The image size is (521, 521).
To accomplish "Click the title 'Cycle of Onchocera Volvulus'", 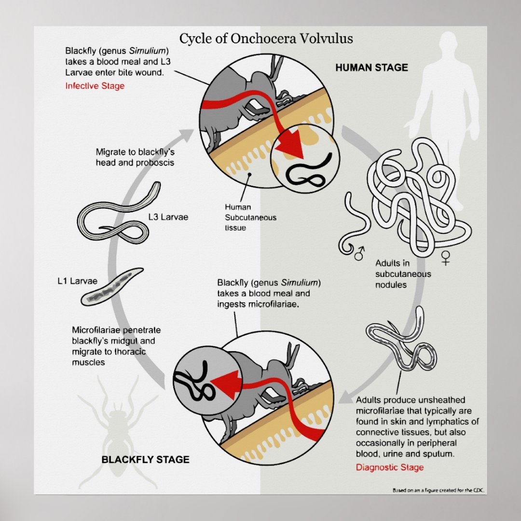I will coord(266,39).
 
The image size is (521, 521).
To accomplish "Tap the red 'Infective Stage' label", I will coord(95,86).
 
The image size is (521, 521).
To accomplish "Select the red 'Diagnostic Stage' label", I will coord(390,467).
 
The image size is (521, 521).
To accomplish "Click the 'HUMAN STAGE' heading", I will coord(371,68).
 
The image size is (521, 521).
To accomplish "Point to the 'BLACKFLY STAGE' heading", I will coord(145,459).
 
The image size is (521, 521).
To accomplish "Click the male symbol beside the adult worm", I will coord(359,252).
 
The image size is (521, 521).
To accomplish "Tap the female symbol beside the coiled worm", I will coord(445,259).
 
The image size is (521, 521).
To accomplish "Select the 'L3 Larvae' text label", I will coord(168,217).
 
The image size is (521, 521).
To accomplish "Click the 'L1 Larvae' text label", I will coord(77,281).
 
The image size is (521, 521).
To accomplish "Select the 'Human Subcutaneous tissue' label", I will coord(250,217).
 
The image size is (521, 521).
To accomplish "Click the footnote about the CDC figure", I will coord(438,491).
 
